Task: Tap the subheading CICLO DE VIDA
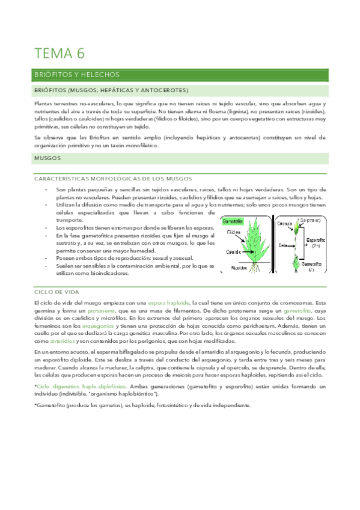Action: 58,290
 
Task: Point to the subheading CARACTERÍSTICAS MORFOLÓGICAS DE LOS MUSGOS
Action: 114,179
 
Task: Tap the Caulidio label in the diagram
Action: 235,252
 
